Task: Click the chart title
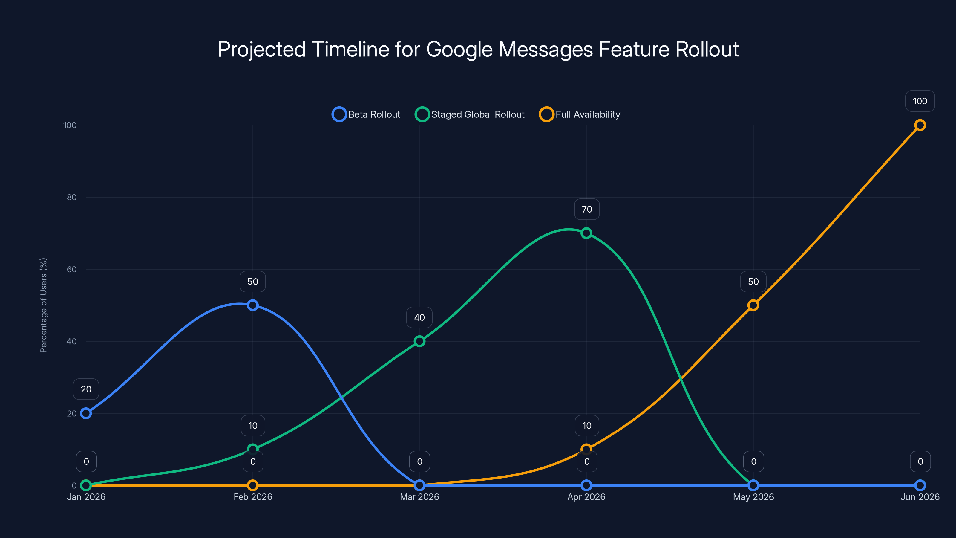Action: pos(478,49)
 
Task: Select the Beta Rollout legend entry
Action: pos(366,114)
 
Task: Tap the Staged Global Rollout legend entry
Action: pos(470,114)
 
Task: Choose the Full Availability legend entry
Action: pos(580,114)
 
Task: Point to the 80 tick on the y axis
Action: pos(72,197)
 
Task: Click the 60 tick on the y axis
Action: pos(72,269)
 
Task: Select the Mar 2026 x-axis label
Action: pos(419,497)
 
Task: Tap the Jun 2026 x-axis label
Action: pos(920,497)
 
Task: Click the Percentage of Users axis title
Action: pos(43,305)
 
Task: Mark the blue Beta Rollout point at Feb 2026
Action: pos(253,305)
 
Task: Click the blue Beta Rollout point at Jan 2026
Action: pos(86,413)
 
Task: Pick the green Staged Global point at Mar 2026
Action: pos(419,341)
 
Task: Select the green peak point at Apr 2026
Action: pos(586,233)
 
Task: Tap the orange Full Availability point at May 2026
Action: pos(753,305)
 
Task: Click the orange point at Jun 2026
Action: pos(920,125)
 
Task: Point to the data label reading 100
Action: pos(920,101)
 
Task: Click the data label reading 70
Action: pos(587,210)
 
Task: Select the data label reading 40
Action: pos(419,317)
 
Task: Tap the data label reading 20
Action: pos(86,389)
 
